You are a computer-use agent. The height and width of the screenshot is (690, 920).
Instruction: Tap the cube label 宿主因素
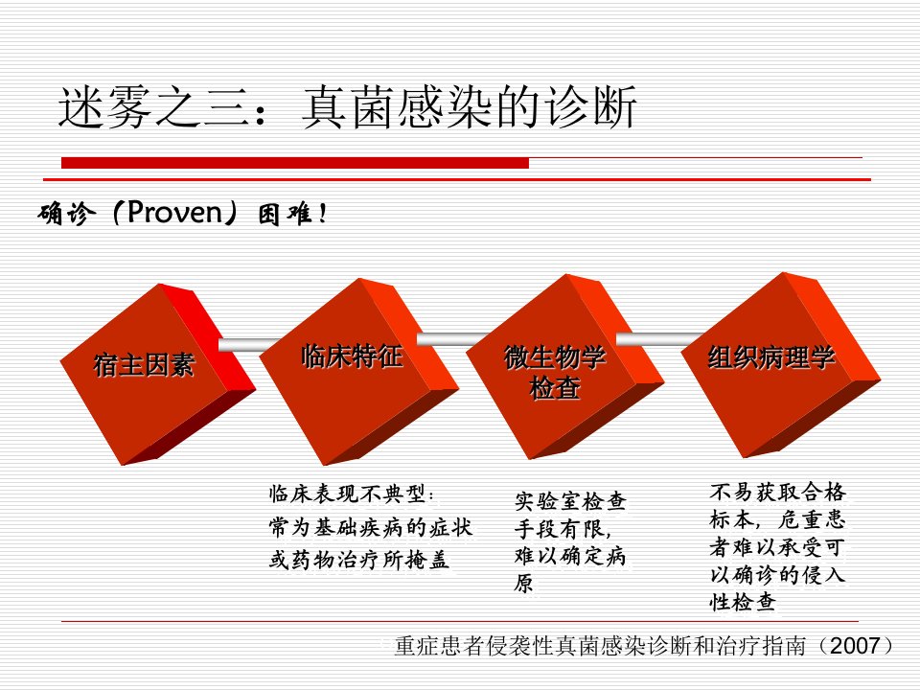click(x=144, y=365)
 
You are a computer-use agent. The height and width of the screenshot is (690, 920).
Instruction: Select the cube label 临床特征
click(x=352, y=356)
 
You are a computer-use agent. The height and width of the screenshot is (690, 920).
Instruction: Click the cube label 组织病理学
click(x=770, y=356)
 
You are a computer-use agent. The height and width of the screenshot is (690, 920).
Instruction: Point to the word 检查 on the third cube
click(x=555, y=388)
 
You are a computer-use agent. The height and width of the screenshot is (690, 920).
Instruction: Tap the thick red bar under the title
click(x=295, y=163)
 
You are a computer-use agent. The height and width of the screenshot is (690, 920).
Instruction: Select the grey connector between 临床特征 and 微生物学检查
click(x=451, y=338)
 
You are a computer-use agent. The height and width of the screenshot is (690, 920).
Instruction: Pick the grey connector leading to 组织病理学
click(x=659, y=338)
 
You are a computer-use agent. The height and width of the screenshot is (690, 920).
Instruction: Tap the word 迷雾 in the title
click(x=105, y=107)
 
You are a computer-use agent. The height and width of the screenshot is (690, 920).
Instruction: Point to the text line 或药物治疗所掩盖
click(x=359, y=559)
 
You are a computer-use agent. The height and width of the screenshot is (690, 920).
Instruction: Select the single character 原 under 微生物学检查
click(x=524, y=583)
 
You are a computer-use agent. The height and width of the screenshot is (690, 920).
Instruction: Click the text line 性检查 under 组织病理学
click(x=743, y=602)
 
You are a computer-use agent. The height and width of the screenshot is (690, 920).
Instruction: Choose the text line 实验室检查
click(x=570, y=501)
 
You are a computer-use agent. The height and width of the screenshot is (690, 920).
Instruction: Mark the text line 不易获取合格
click(x=777, y=492)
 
